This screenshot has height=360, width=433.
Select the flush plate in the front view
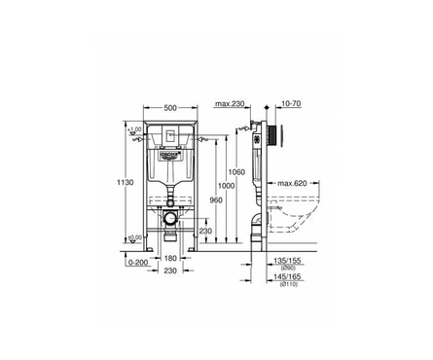click(x=168, y=136)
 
